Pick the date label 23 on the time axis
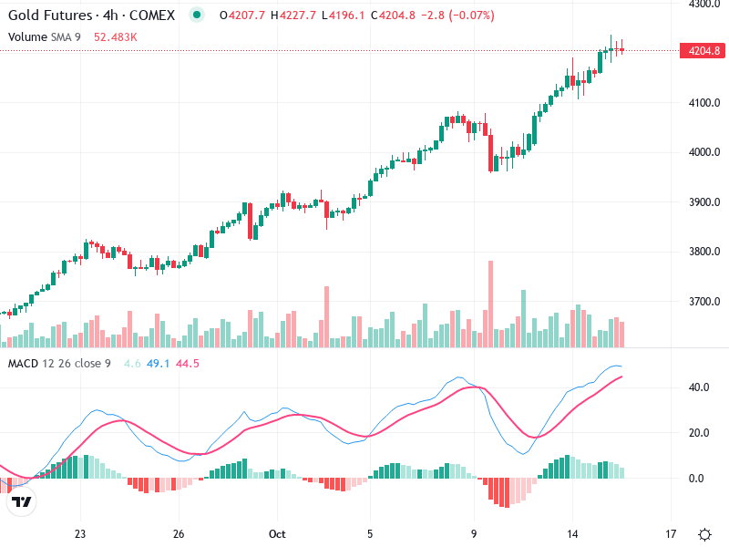coord(80,533)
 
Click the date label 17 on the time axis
coord(671,533)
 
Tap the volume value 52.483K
coord(116,36)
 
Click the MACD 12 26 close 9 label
coord(59,364)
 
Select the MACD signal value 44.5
coord(188,364)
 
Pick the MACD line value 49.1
coord(159,364)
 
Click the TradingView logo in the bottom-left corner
coord(21,501)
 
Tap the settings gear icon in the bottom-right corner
coord(704,533)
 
